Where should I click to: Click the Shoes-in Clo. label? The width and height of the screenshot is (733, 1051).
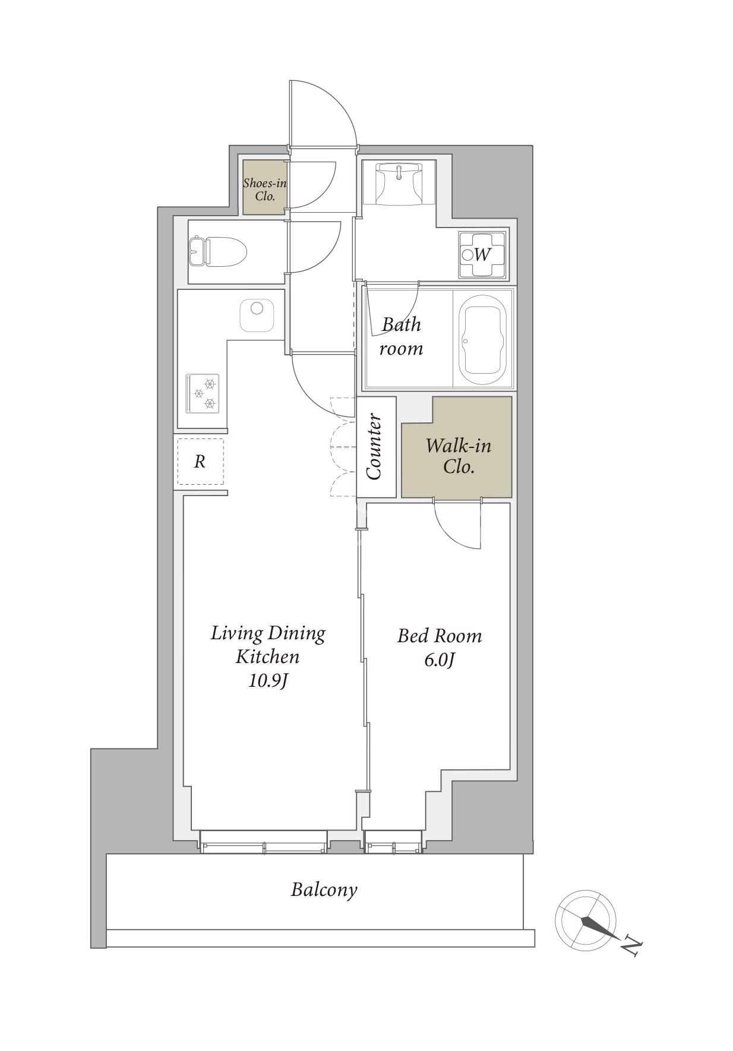point(265,189)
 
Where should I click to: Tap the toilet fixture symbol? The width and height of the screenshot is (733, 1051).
point(217,251)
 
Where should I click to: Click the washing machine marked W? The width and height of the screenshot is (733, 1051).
point(482,255)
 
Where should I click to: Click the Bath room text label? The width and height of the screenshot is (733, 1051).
point(401,336)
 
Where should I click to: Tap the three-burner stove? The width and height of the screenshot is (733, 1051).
point(203,393)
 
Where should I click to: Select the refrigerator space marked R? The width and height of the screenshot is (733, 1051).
point(200,462)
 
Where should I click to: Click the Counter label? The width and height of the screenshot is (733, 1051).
point(375,447)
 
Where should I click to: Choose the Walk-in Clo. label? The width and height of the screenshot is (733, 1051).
point(458,456)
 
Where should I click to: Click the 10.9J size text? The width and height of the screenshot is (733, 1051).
point(268,681)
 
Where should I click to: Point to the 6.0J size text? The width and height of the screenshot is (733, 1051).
point(440,661)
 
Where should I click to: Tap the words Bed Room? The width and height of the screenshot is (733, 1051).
point(440,636)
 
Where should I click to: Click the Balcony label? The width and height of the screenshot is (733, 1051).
point(324,890)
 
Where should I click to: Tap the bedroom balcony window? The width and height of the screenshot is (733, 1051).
point(393,842)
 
